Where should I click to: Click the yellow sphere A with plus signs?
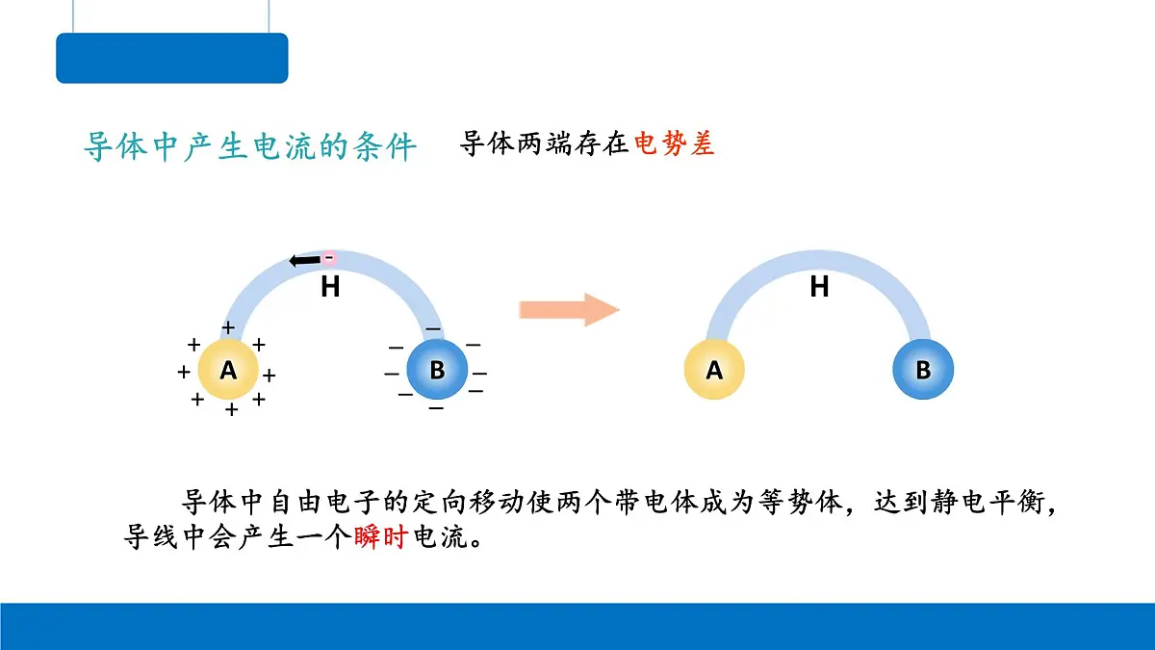coord(228,370)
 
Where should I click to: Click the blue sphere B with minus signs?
coord(437,370)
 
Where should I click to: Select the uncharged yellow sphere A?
coord(714,370)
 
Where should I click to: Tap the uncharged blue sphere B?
coord(923,370)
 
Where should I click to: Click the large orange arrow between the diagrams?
coord(569,310)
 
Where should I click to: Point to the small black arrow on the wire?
coord(305,261)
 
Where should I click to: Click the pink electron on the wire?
coord(329,257)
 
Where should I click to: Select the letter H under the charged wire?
coord(330,287)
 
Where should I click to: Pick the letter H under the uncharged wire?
coord(819,287)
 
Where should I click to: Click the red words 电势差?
coord(674,143)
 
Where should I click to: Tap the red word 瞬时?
coord(381,537)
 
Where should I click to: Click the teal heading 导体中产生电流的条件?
coord(250,146)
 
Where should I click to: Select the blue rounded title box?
coord(172,59)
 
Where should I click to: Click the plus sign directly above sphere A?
coord(228,327)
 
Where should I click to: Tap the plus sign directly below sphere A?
coord(232,409)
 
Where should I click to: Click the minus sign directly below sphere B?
coord(436,408)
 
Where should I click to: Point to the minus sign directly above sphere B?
coord(433,328)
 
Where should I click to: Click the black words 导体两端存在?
coord(544,143)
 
